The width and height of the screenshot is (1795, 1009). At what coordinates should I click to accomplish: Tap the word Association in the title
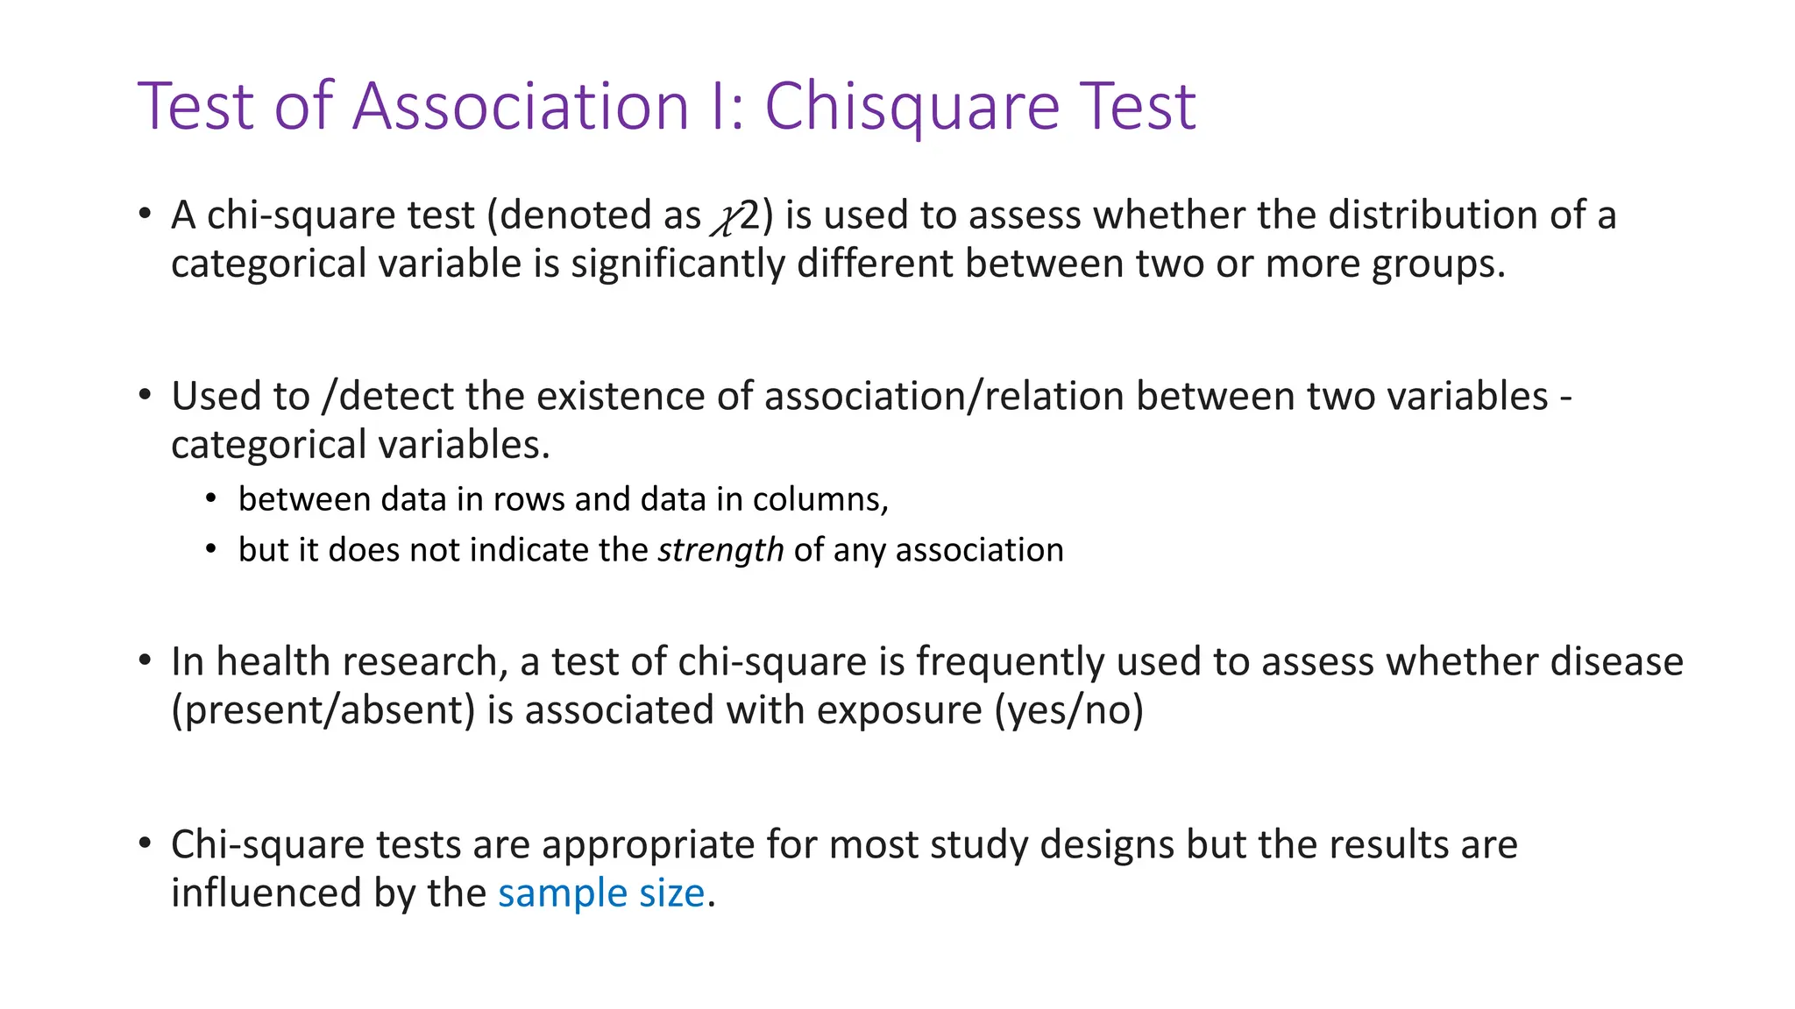(x=521, y=107)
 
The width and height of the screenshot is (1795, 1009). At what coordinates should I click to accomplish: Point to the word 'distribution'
(x=1432, y=215)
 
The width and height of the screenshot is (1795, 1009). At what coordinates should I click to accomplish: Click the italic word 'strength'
(x=720, y=551)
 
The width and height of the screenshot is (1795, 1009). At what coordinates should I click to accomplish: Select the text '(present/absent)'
(x=323, y=710)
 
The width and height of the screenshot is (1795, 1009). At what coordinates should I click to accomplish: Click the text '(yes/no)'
(x=1068, y=710)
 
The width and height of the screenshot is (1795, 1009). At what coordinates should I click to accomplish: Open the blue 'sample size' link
(x=601, y=894)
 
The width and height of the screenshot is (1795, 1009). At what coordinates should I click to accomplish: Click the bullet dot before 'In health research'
(x=145, y=660)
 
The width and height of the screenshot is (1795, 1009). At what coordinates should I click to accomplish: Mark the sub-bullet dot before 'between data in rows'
(x=210, y=499)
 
